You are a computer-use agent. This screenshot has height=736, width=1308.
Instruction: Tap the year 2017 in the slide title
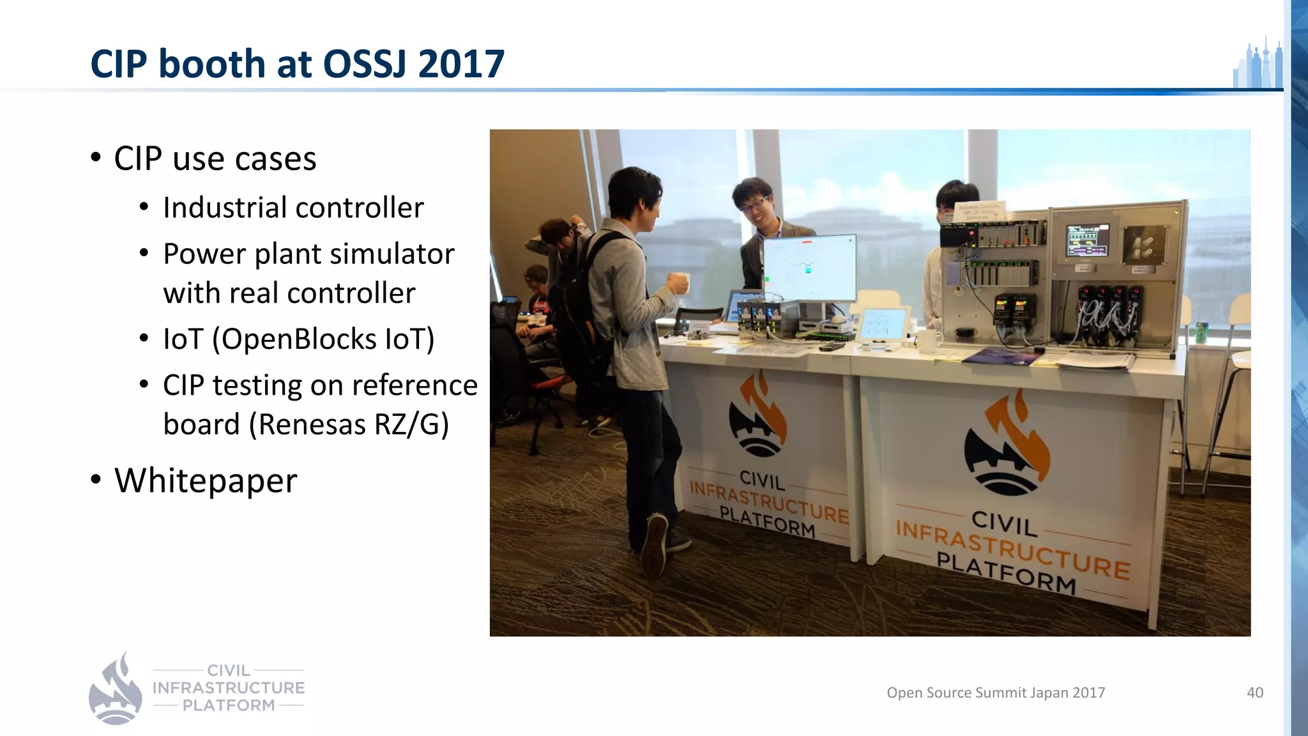click(x=461, y=64)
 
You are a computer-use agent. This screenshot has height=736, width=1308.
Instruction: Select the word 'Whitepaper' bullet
click(x=206, y=480)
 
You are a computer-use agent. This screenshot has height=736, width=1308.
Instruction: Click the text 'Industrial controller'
click(x=293, y=208)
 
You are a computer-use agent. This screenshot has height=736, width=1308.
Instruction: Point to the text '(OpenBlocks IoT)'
click(x=323, y=339)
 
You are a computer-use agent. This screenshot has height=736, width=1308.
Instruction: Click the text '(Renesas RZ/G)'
click(x=349, y=424)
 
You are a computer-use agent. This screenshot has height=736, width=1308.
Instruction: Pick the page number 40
click(x=1254, y=693)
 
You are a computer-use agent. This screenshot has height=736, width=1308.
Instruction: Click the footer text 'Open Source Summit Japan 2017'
click(x=996, y=693)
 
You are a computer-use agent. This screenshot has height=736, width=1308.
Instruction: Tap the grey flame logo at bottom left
click(x=115, y=689)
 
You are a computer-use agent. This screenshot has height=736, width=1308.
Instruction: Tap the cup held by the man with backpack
click(x=681, y=282)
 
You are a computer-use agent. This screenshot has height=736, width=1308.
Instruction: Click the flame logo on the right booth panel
click(x=1007, y=444)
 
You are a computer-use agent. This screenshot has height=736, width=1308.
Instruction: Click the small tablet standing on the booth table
click(x=883, y=324)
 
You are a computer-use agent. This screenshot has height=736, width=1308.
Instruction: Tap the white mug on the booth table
click(x=928, y=340)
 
